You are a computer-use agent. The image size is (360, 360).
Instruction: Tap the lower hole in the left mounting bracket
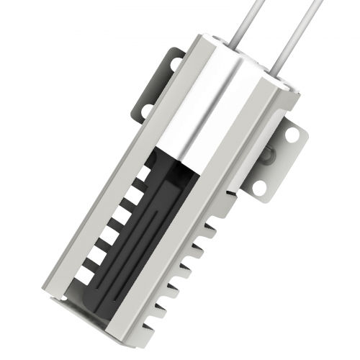(146, 109)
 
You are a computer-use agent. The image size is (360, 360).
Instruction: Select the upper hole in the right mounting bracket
(291, 134)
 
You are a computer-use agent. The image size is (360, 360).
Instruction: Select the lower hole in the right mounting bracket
(261, 186)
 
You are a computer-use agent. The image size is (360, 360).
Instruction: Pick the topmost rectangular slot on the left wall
(145, 172)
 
